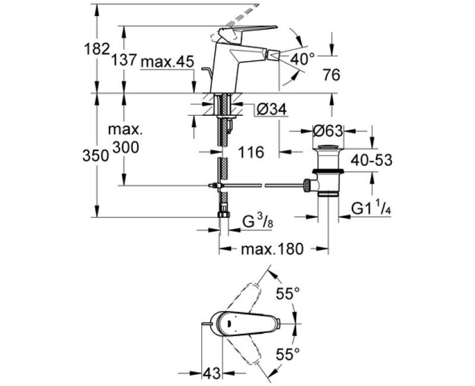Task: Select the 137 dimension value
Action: click(x=124, y=60)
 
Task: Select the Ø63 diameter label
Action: click(x=328, y=131)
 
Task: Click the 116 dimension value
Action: click(x=252, y=153)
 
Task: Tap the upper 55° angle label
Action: click(x=289, y=293)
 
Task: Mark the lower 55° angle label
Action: click(x=289, y=355)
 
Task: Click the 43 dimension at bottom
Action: click(x=212, y=373)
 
